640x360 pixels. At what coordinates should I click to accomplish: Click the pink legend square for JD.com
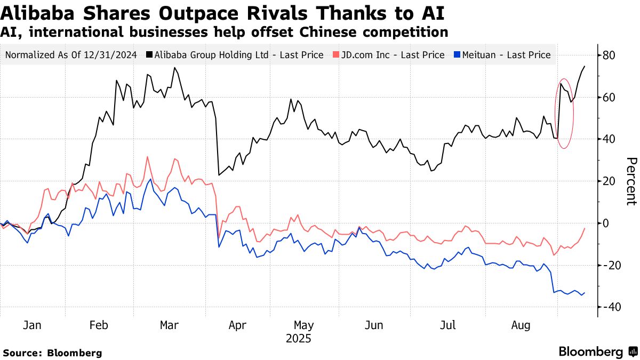point(335,55)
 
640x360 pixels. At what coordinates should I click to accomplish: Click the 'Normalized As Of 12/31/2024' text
point(71,55)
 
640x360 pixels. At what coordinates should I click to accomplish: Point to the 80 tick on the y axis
point(609,55)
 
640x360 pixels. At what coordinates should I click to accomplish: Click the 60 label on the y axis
point(609,98)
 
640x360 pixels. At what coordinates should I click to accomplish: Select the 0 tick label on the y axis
point(605,223)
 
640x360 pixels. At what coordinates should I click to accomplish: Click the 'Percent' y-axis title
point(631,181)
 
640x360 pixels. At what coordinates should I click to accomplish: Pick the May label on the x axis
point(303,325)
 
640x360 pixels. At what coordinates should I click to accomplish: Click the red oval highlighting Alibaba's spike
point(573,112)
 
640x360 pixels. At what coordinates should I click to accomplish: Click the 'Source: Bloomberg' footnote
point(52,353)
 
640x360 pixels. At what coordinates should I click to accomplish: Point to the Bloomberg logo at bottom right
point(597,352)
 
